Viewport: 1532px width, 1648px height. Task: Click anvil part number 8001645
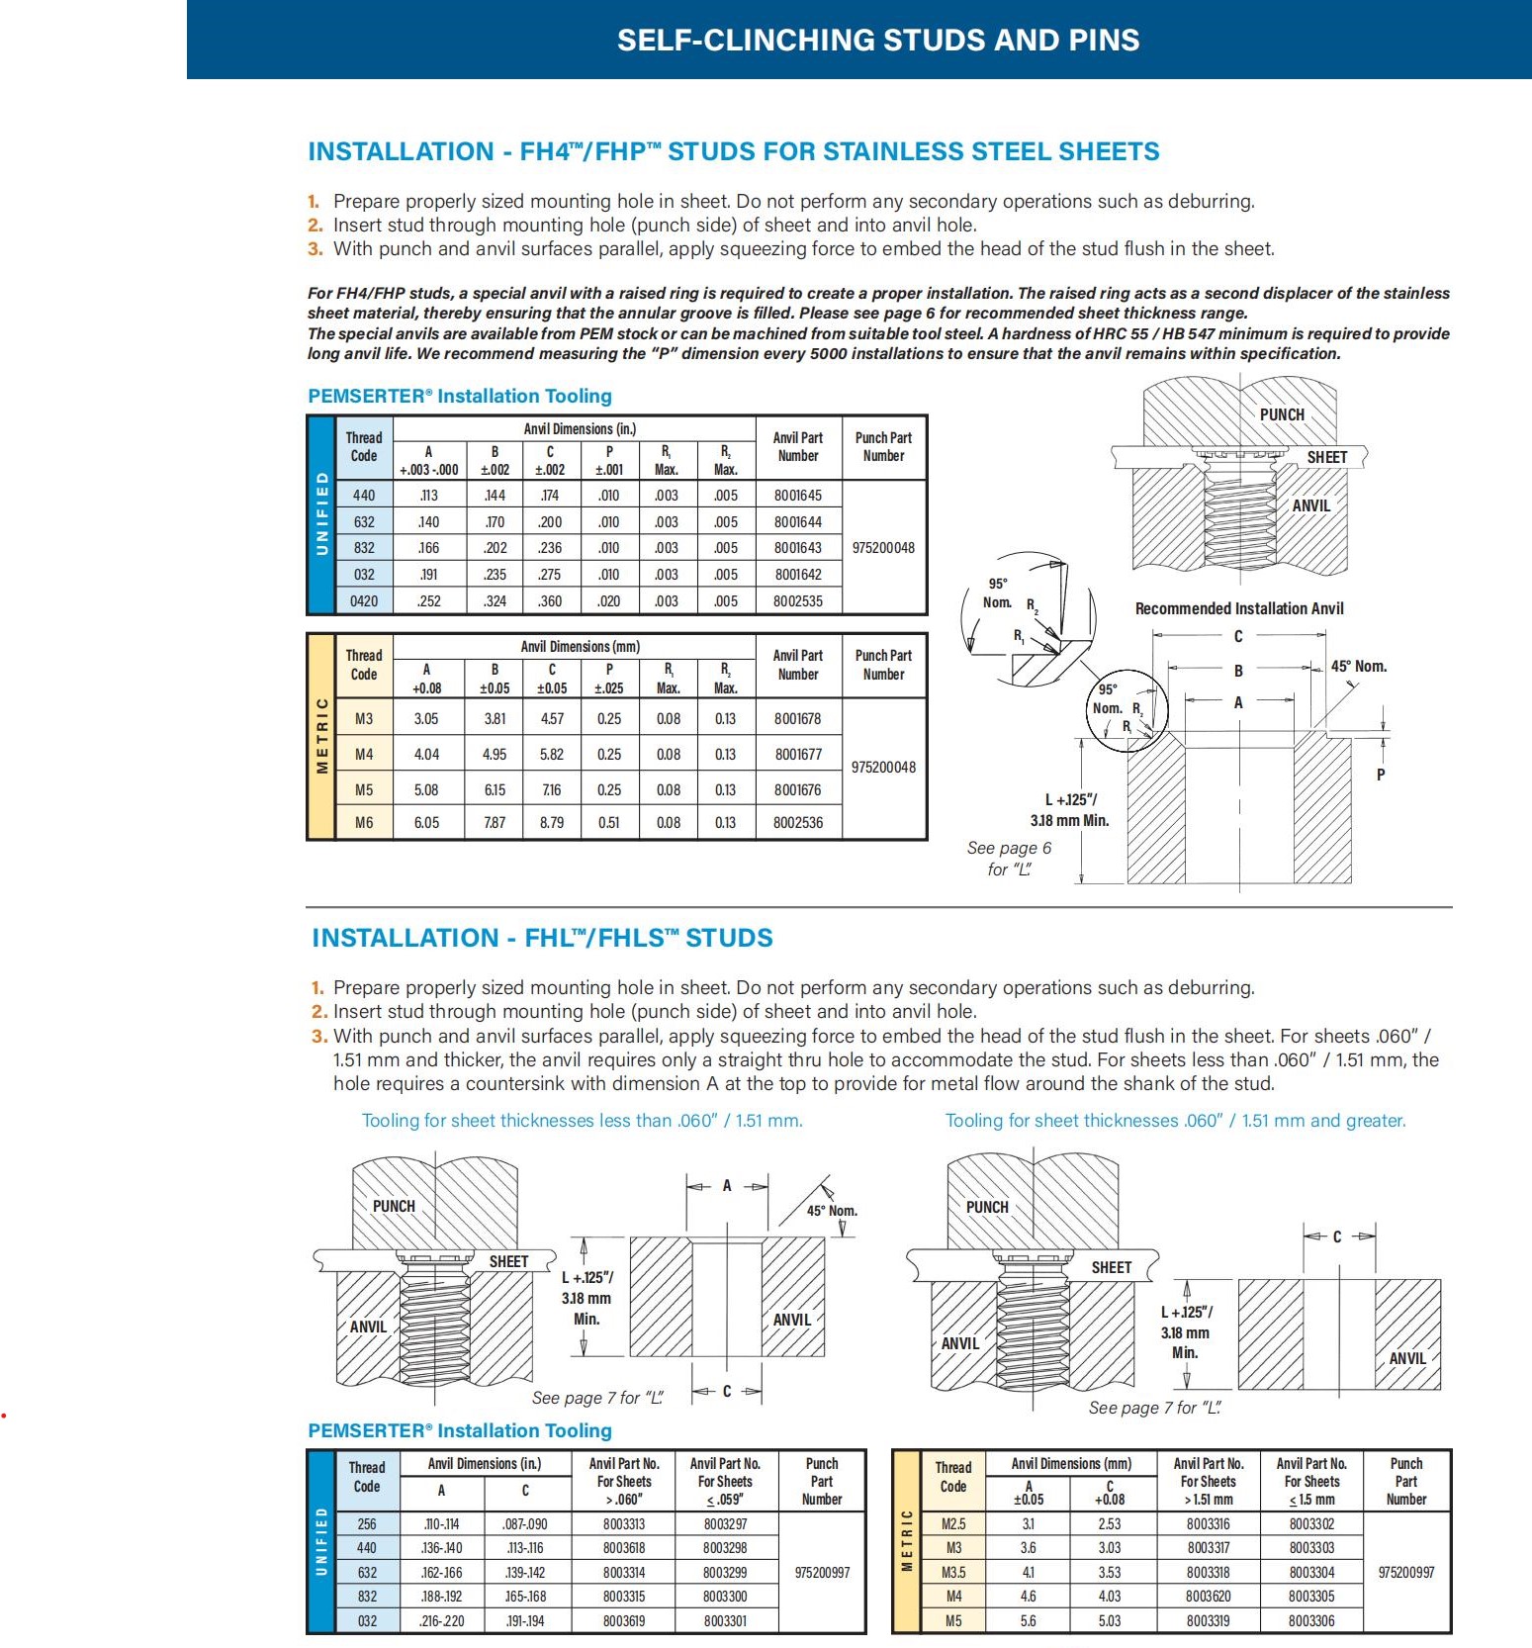(797, 496)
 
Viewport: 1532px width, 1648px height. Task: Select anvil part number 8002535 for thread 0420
(797, 601)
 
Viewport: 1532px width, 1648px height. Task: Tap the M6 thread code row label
(364, 823)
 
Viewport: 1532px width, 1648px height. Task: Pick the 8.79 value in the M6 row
(552, 823)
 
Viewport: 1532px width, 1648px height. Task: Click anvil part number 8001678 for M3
(797, 719)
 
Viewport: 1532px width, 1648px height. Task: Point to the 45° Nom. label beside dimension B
(1358, 667)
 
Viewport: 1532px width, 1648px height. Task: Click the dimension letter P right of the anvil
(1381, 775)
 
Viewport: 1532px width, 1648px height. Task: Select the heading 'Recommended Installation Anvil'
(1238, 609)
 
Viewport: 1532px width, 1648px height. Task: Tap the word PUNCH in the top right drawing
(1282, 415)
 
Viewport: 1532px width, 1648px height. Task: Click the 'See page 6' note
(1009, 849)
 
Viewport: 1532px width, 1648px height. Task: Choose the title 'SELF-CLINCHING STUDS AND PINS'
(878, 41)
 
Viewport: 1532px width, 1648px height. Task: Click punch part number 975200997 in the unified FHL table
(822, 1573)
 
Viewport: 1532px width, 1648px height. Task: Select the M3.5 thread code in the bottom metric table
(953, 1573)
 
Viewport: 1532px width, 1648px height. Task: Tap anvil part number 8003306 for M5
(1311, 1621)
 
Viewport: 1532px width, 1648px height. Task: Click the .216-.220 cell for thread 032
(441, 1621)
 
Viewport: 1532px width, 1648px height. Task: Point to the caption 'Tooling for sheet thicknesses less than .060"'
(582, 1121)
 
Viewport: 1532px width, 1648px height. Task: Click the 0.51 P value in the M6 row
(609, 823)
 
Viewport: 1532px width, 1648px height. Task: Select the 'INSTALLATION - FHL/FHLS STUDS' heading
(542, 939)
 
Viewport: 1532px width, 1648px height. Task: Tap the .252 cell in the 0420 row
(429, 601)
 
